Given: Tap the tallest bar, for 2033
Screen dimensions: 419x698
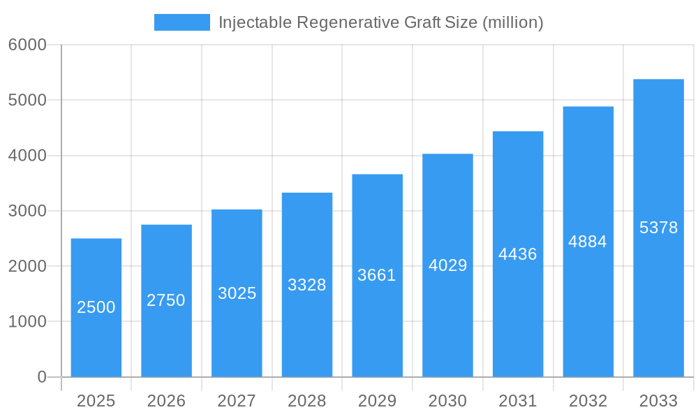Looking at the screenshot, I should (658, 293).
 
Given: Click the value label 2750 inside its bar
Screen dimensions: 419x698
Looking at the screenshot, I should (166, 300).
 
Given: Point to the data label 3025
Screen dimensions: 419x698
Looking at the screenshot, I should (237, 293).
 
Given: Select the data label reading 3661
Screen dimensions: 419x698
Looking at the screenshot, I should (377, 275).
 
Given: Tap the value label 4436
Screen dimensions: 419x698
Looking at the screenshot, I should (518, 254).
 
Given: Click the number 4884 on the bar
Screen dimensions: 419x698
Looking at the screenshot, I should (588, 242).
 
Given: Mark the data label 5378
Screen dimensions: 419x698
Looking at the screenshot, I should (658, 228).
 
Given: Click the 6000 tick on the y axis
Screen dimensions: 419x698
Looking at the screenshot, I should (27, 45).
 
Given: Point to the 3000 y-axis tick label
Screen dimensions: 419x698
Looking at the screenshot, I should (27, 211).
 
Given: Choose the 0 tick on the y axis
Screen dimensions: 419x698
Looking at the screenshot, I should (41, 377).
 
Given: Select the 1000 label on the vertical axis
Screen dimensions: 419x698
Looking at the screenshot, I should (27, 322).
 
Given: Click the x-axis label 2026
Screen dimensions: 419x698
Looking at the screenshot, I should (166, 401).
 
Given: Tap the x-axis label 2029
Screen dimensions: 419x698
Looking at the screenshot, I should (377, 401).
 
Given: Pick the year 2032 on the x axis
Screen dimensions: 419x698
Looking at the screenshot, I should (588, 401).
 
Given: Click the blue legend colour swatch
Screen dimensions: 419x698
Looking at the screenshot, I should (182, 22).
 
